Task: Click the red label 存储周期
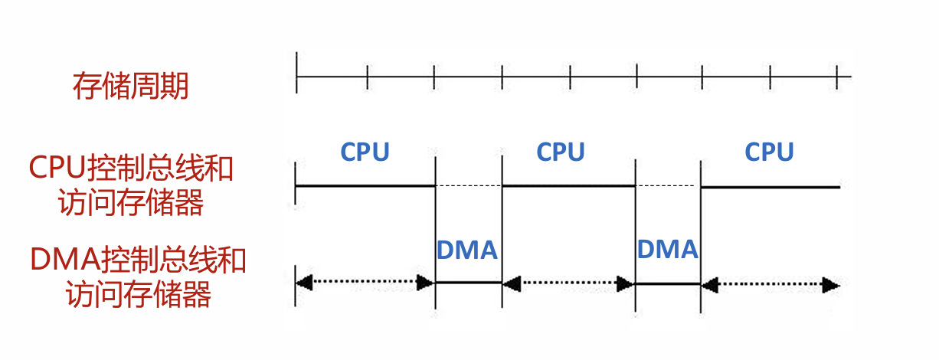[x=130, y=87]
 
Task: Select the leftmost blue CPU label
[x=365, y=152]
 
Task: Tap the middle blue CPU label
[x=561, y=152]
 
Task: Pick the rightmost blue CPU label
[x=769, y=152]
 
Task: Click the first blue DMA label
[x=467, y=250]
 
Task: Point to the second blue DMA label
[x=667, y=250]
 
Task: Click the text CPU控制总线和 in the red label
[x=130, y=168]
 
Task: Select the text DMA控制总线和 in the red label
[x=138, y=260]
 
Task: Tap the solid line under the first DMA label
[x=468, y=283]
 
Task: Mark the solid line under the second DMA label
[x=668, y=283]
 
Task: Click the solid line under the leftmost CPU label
[x=365, y=186]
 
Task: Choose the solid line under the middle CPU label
[x=568, y=186]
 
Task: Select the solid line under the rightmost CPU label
[x=771, y=186]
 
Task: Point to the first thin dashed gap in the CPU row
[x=468, y=186]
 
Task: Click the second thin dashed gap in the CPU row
[x=668, y=186]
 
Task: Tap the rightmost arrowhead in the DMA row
[x=831, y=285]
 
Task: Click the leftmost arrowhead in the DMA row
[x=305, y=283]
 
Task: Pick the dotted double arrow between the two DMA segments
[x=568, y=283]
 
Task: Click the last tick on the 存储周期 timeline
[x=837, y=77]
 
